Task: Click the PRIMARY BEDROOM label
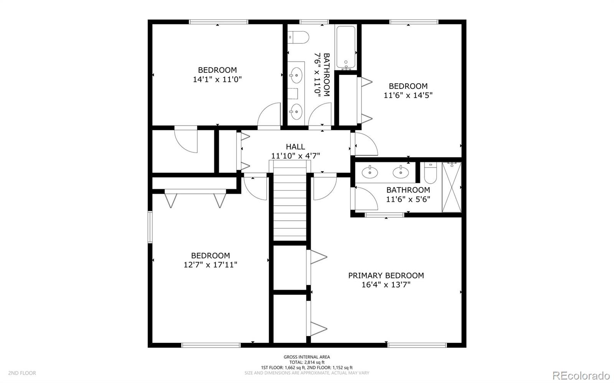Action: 386,275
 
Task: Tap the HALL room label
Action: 295,147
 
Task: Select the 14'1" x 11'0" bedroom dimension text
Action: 217,80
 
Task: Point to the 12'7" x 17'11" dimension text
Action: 210,265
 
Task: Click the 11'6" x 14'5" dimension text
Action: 408,95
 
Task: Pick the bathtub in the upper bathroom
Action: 346,47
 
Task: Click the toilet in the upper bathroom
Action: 298,37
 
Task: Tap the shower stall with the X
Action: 451,187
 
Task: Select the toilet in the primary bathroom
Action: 430,173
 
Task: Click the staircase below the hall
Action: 290,201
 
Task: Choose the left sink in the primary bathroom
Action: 370,172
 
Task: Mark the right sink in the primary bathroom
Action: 401,172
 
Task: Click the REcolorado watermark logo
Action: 581,375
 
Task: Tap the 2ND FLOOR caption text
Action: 22,373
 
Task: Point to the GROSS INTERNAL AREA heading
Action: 307,357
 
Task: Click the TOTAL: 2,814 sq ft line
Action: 307,362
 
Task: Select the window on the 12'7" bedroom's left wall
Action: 150,227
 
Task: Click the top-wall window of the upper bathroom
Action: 314,22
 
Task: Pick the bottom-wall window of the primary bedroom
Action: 417,345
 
